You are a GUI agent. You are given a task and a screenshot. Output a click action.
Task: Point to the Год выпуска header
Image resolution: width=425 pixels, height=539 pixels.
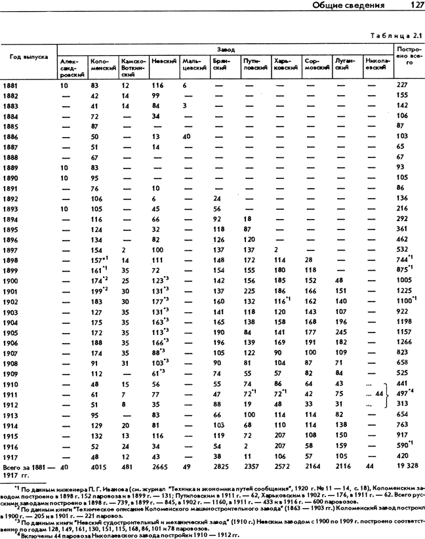coord(28,57)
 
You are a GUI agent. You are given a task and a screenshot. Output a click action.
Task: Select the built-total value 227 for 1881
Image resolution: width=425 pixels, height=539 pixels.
coord(401,86)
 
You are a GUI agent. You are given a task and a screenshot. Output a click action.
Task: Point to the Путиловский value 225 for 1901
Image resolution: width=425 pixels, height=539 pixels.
coord(249,291)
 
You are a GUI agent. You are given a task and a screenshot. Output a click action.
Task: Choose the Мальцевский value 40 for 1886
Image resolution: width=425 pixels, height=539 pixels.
coord(186,137)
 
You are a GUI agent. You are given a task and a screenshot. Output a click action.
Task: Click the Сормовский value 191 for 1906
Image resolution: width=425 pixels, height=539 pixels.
coord(311,343)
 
